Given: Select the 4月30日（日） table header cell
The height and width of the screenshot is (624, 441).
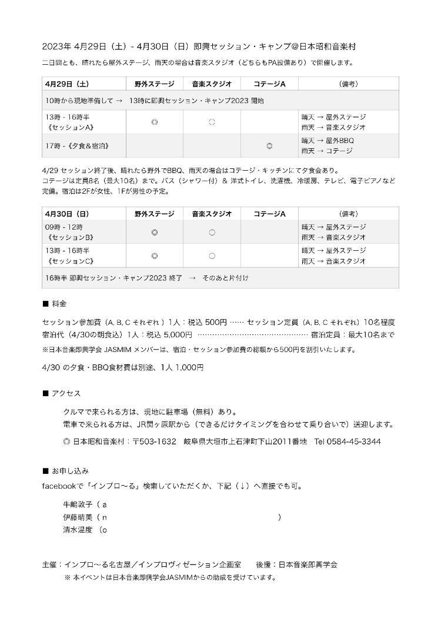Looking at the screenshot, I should tap(66, 214).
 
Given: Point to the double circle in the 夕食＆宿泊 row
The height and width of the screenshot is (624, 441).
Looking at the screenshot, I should tap(269, 145).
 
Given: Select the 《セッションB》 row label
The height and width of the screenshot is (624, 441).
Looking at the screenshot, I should tap(70, 238).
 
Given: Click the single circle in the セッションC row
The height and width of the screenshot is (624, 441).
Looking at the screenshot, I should tap(212, 255).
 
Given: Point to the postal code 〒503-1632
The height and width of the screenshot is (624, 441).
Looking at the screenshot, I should tap(154, 442).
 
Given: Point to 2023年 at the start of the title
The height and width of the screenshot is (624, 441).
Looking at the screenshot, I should tap(56, 46).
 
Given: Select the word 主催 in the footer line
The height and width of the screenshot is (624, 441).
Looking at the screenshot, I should tap(50, 565).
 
